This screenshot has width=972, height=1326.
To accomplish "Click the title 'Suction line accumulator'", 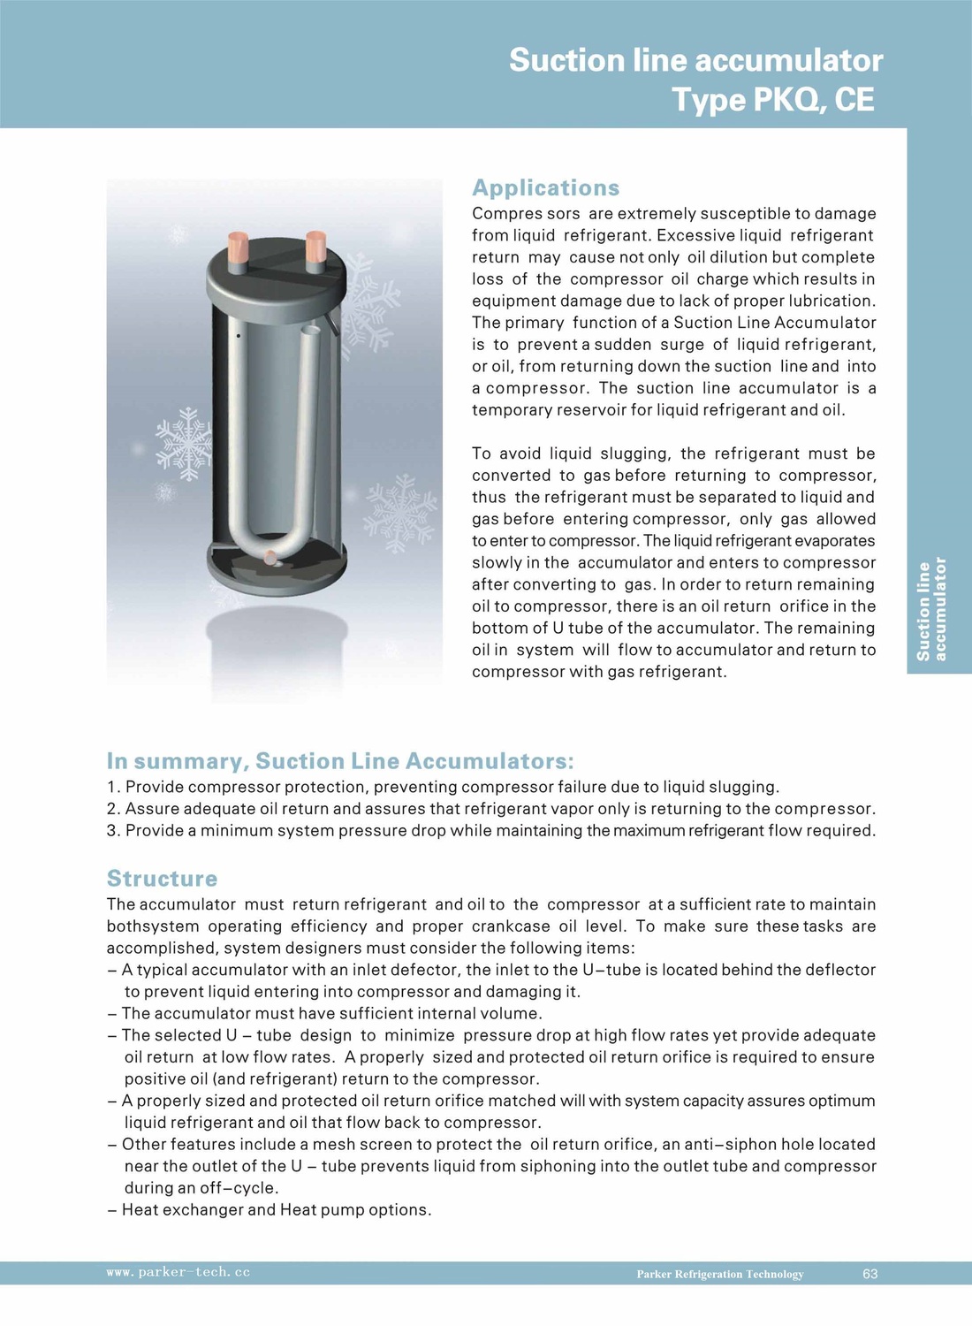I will (x=695, y=60).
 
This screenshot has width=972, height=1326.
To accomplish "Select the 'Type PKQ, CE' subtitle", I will (x=773, y=100).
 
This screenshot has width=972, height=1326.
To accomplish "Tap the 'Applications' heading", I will (x=545, y=187).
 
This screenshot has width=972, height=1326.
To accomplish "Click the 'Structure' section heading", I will (x=162, y=878).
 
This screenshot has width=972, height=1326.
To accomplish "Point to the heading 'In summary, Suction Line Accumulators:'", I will (x=340, y=761).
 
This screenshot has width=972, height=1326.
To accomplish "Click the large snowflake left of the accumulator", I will (x=185, y=442).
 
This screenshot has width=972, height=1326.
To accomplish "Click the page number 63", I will (x=869, y=1274).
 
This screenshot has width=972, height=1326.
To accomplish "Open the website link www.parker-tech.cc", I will (x=178, y=1272).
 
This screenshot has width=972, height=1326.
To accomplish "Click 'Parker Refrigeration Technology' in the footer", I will (x=719, y=1274).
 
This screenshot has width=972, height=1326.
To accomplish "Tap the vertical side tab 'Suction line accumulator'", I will (x=930, y=610).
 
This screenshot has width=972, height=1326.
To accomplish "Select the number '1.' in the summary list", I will (x=113, y=787).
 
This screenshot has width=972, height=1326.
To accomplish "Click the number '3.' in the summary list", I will (x=113, y=831).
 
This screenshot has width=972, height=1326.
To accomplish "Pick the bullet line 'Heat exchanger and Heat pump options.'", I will (x=276, y=1209).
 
